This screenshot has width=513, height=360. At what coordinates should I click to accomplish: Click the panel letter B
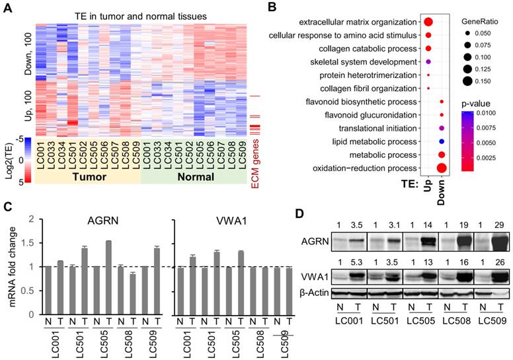click(270, 8)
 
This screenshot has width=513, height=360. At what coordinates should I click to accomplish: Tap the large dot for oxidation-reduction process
click(442, 167)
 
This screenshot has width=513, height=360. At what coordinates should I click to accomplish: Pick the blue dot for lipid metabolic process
click(441, 141)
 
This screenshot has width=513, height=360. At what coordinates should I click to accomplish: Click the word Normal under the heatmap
click(194, 177)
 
